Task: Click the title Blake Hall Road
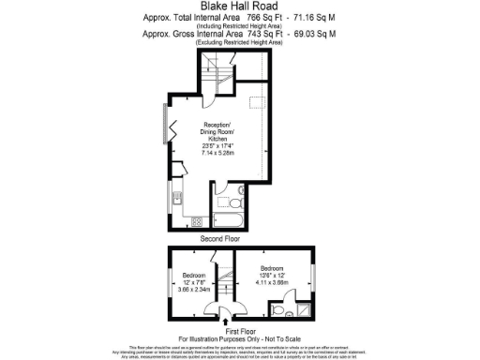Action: tap(239, 6)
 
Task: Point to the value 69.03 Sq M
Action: tap(315, 34)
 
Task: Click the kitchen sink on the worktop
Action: tap(176, 196)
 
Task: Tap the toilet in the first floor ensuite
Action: tap(279, 307)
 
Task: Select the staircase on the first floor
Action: tap(225, 272)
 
